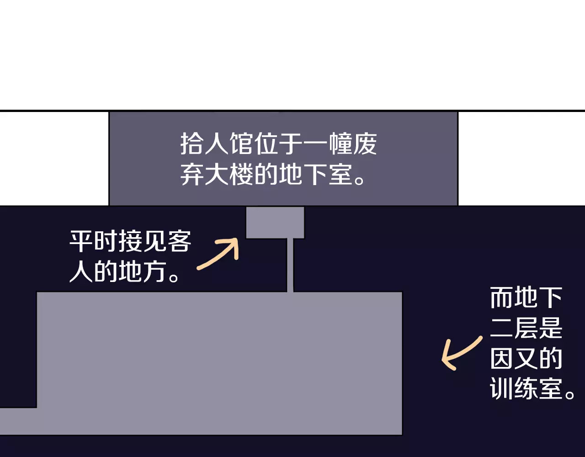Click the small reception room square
(x=275, y=223)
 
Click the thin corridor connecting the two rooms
(x=290, y=265)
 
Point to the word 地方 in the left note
(x=142, y=272)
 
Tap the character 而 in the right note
(x=502, y=298)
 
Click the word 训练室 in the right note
(x=526, y=389)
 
